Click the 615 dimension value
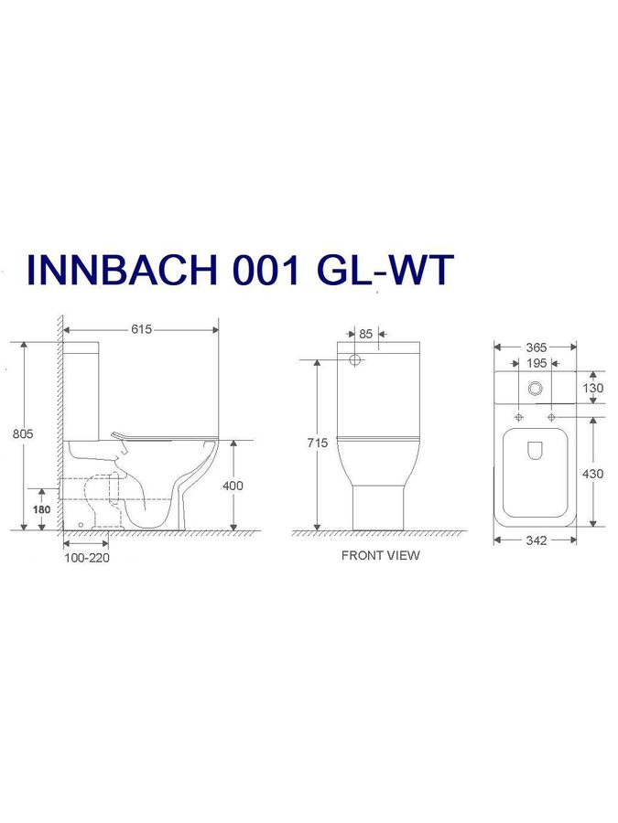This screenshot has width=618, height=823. tap(141, 329)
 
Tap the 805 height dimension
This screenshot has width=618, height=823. tap(23, 433)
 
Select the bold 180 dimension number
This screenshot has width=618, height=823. tap(41, 509)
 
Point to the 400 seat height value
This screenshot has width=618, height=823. tap(233, 486)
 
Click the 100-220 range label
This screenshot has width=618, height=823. tap(87, 558)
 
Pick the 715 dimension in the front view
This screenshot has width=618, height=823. tap(318, 443)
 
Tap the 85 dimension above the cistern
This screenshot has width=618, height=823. tap(365, 334)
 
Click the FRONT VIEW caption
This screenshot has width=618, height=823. tap(381, 555)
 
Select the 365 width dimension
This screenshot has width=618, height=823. tap(536, 347)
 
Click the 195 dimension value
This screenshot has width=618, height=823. tap(536, 363)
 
